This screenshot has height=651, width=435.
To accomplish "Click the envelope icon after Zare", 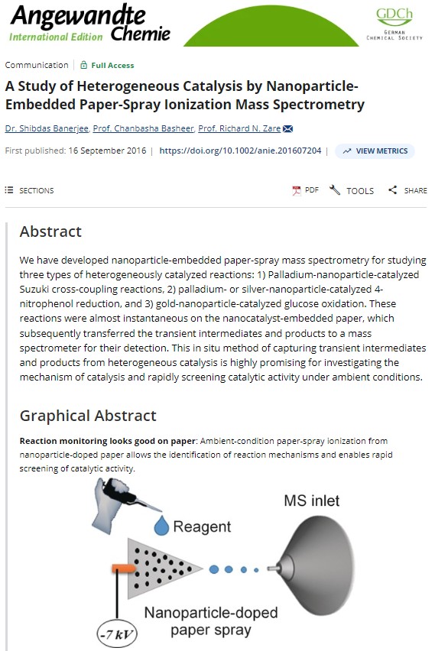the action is (288, 128).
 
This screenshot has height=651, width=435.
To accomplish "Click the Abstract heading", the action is (50, 231).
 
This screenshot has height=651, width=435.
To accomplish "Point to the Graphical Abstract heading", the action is (88, 416).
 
